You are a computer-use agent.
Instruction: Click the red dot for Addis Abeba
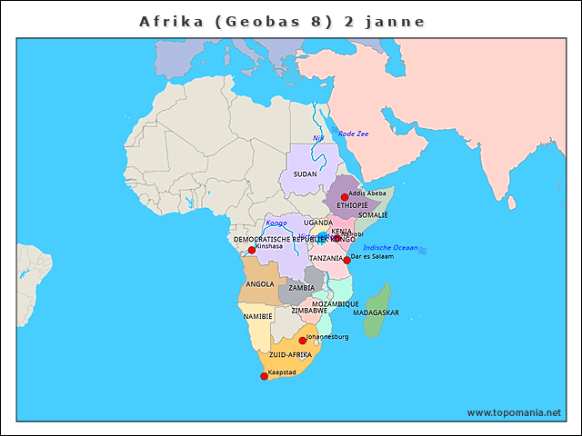tap(345, 197)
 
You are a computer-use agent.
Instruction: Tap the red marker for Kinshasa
tap(252, 250)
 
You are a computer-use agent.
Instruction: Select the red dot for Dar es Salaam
tap(346, 261)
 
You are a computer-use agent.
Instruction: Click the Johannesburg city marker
tap(303, 341)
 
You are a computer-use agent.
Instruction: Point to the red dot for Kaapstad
tap(264, 376)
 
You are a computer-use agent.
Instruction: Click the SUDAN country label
tap(305, 173)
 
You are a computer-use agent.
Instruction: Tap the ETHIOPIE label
tap(352, 205)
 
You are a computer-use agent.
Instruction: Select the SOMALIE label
tap(373, 215)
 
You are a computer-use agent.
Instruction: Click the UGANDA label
tap(318, 222)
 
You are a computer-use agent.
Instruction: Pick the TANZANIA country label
tap(326, 258)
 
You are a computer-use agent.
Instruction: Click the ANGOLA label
tap(260, 283)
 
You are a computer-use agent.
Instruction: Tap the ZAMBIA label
tap(301, 288)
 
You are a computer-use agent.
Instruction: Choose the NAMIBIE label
tap(257, 316)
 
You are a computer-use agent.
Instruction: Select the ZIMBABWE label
tap(309, 310)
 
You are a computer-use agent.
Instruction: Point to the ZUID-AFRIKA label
tap(290, 354)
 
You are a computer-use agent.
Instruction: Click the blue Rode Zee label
tap(354, 134)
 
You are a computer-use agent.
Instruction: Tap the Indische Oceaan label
tap(390, 247)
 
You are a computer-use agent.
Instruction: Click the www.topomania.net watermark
tap(514, 412)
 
